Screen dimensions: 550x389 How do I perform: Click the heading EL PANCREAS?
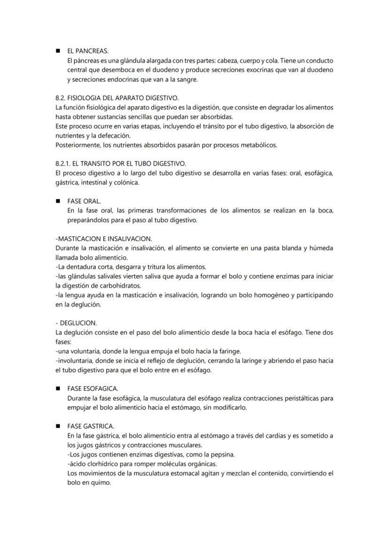pyautogui.click(x=87, y=51)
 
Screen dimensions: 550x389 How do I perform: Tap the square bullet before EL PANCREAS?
pyautogui.click(x=58, y=51)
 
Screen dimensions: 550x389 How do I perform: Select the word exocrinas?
pyautogui.click(x=264, y=70)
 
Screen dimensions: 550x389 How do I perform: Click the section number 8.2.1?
pyautogui.click(x=63, y=163)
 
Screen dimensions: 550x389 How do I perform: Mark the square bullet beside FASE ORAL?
pyautogui.click(x=58, y=201)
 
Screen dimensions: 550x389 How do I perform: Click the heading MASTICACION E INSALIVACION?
pyautogui.click(x=104, y=239)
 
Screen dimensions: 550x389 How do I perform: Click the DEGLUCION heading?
pyautogui.click(x=78, y=323)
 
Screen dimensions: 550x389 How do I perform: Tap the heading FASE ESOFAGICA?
pyautogui.click(x=93, y=389)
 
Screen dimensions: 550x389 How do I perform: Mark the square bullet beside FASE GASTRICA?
pyautogui.click(x=58, y=426)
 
